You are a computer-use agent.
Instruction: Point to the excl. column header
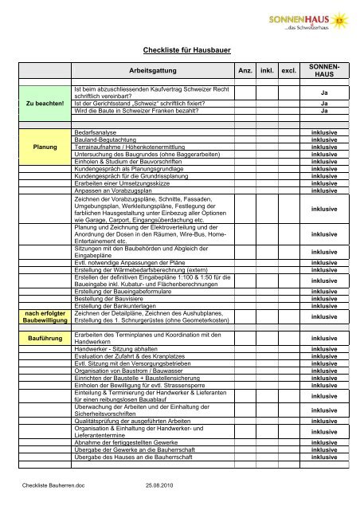(291, 71)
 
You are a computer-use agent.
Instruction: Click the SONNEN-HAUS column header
(324, 71)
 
